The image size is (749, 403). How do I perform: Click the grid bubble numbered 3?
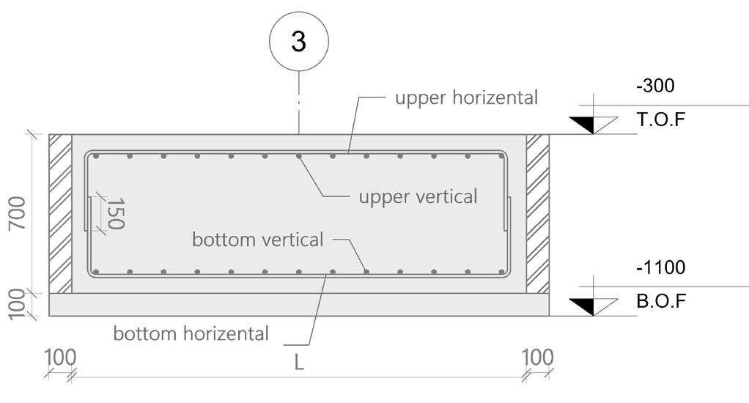click(298, 42)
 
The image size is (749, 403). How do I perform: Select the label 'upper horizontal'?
click(466, 97)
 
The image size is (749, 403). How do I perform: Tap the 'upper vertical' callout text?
click(418, 196)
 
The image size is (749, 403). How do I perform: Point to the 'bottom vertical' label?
click(257, 240)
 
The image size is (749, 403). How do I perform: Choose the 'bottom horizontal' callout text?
click(191, 333)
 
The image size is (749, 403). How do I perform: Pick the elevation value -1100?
click(660, 267)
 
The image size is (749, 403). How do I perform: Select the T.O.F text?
click(662, 119)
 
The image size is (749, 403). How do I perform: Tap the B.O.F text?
click(662, 301)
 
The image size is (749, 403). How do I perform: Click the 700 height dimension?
click(16, 213)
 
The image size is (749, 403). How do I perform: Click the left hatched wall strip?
click(60, 213)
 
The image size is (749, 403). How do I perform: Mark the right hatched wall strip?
click(538, 213)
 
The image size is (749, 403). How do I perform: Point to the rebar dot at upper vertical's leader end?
click(299, 156)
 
